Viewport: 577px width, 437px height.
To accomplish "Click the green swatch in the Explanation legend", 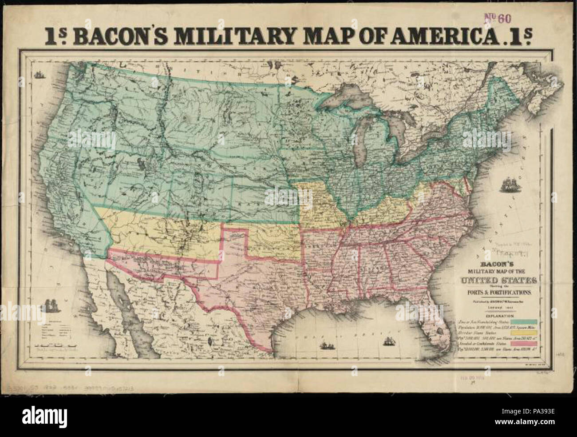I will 524,321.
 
